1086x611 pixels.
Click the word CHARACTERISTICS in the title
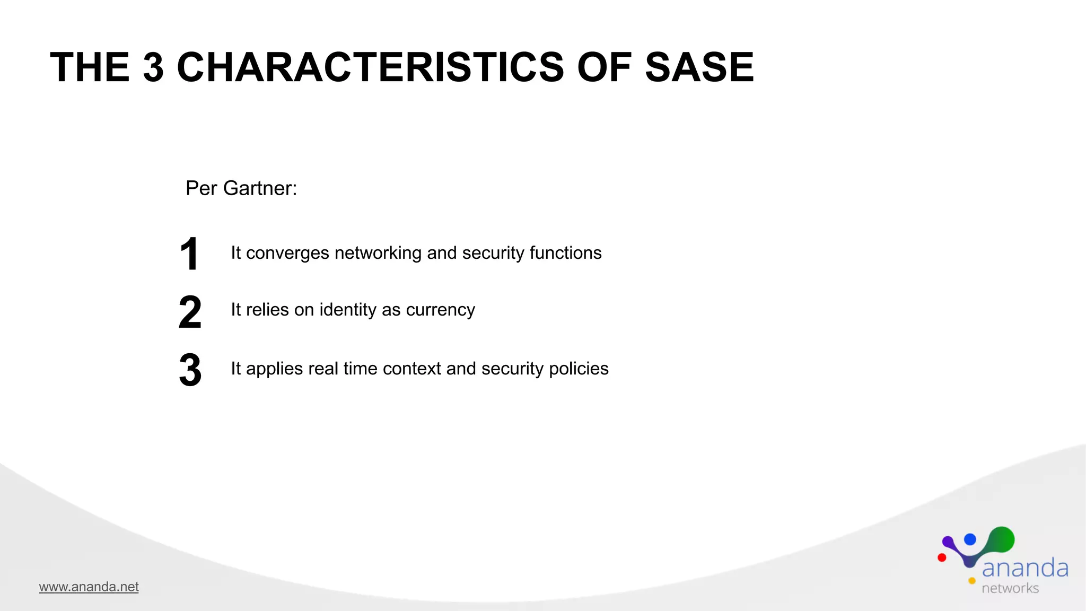370,67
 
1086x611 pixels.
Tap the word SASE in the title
699,67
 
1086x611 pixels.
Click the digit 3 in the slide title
153,67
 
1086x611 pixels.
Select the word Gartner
260,188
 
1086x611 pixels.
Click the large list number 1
189,254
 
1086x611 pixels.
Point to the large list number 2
190,312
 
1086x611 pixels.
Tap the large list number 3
190,370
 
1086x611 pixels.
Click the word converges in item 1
287,254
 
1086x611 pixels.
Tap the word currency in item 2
440,310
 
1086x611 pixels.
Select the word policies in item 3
579,369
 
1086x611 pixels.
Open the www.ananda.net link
89,587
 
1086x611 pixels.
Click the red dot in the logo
942,557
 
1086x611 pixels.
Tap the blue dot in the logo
970,539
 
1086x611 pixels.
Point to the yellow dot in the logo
972,581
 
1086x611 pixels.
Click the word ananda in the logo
1024,568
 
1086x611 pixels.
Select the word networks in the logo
1010,588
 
